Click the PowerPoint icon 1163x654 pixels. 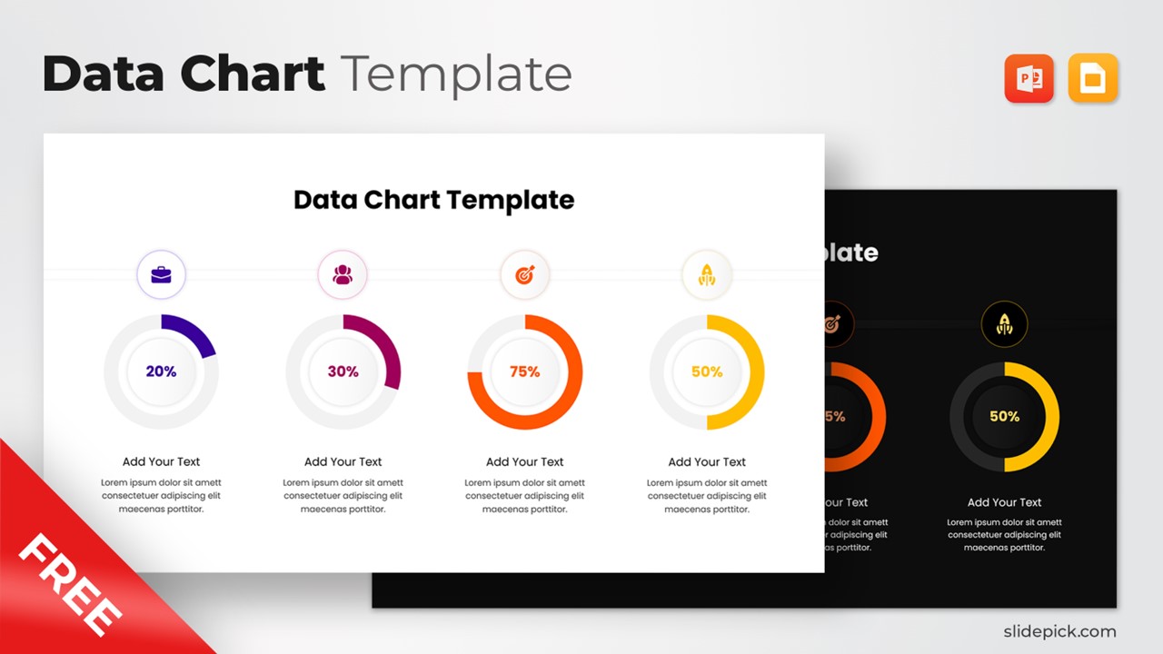tap(1029, 78)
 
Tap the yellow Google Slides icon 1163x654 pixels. tap(1093, 78)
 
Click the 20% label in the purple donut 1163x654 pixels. tap(161, 372)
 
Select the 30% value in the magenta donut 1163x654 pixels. tap(343, 372)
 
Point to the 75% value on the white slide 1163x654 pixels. tap(524, 372)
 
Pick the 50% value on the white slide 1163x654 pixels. tap(706, 372)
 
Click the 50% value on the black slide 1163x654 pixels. tap(1004, 416)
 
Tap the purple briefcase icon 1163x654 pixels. tap(161, 274)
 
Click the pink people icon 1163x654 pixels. tap(343, 274)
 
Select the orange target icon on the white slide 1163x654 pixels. tap(525, 274)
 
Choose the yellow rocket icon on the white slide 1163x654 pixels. tap(707, 274)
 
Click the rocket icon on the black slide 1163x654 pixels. tap(1004, 323)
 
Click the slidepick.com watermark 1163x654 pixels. tap(1059, 630)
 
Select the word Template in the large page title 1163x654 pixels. tap(456, 74)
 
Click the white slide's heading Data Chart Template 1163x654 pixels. tap(433, 200)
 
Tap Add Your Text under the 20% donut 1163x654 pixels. tap(161, 461)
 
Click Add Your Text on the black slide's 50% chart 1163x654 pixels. tap(1004, 502)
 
